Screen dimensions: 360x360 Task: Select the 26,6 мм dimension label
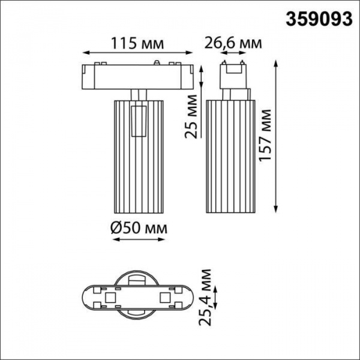point(233,43)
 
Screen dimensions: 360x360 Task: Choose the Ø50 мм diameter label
point(139,228)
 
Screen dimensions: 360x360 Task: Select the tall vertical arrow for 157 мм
point(277,135)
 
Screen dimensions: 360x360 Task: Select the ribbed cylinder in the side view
point(233,156)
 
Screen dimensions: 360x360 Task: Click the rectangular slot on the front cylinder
point(140,120)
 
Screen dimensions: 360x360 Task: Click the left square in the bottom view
point(111,298)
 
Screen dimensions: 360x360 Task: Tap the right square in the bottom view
point(164,298)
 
